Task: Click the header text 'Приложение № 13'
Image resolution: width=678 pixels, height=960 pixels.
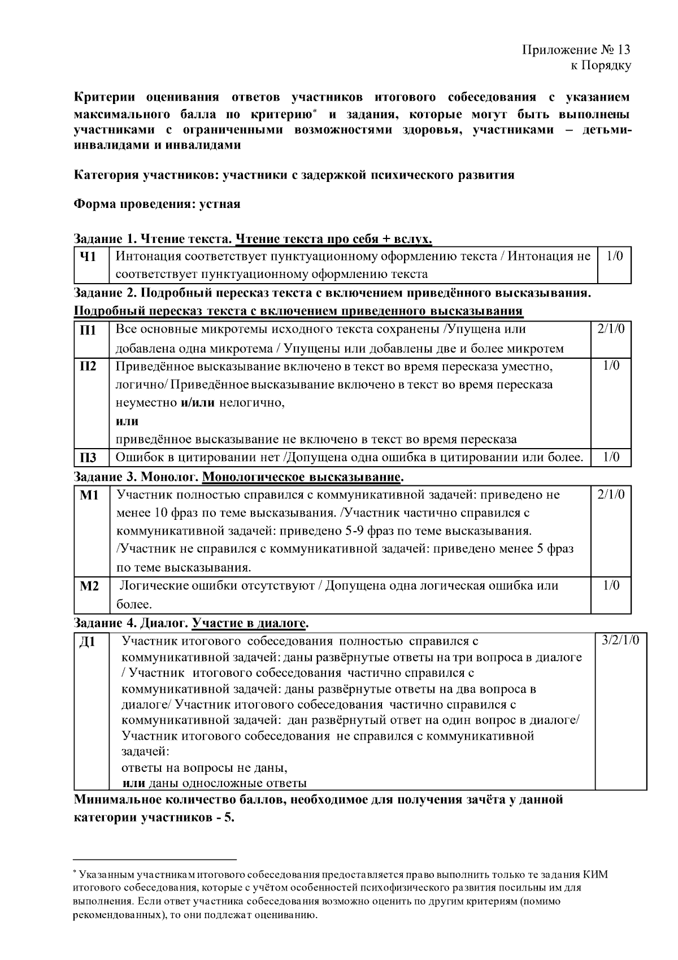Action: coord(576,50)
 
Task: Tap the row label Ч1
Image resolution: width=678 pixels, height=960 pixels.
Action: coord(88,257)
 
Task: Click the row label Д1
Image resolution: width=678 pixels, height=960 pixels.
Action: coord(88,642)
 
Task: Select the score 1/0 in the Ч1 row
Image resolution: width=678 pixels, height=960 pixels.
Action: coord(614,256)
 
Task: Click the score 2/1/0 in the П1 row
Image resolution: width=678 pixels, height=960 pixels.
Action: coord(611,329)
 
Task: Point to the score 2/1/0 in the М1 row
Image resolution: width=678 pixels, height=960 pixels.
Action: coord(611,495)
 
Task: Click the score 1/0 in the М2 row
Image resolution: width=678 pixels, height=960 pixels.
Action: coord(611,585)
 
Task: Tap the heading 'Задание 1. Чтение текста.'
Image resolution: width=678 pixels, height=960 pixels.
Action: coord(153,239)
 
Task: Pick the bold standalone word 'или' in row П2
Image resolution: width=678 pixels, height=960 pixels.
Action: coord(127,422)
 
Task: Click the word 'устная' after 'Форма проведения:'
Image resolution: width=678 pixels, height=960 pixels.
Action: coord(220,204)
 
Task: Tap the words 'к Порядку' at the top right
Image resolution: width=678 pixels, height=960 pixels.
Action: coord(601,66)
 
